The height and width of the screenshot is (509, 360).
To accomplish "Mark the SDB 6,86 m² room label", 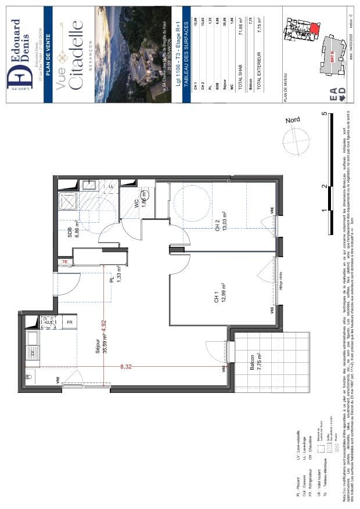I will click(x=73, y=230).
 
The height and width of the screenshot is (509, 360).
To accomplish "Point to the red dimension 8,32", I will click(x=124, y=367).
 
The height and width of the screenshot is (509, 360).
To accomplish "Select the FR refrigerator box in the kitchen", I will click(x=69, y=322).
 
